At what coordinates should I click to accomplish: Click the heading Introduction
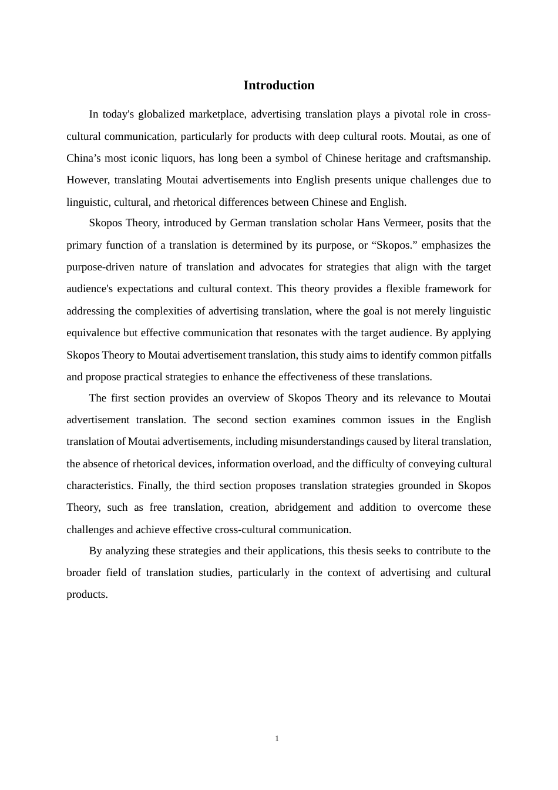click(x=278, y=85)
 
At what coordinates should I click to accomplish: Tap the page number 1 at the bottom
click(x=277, y=739)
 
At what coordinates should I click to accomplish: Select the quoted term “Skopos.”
click(x=393, y=245)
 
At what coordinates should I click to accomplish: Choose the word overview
click(x=249, y=398)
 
